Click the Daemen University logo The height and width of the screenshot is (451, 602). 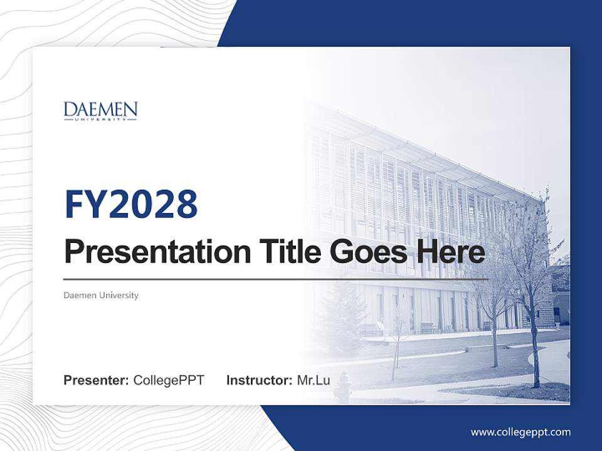tap(100, 111)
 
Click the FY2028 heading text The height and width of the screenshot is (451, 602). tap(131, 204)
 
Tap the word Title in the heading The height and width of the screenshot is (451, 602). tap(285, 252)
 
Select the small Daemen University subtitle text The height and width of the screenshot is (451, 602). tap(101, 295)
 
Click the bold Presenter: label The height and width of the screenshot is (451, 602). tap(97, 380)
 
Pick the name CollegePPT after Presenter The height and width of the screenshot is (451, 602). tap(169, 380)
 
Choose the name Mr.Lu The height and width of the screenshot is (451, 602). tap(314, 380)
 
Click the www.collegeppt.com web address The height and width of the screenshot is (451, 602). tap(520, 432)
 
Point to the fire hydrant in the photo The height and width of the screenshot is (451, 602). tap(342, 388)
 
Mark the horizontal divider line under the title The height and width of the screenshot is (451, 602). tap(276, 279)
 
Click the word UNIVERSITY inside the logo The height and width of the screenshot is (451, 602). tap(100, 120)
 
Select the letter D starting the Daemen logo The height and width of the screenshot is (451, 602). tap(69, 111)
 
